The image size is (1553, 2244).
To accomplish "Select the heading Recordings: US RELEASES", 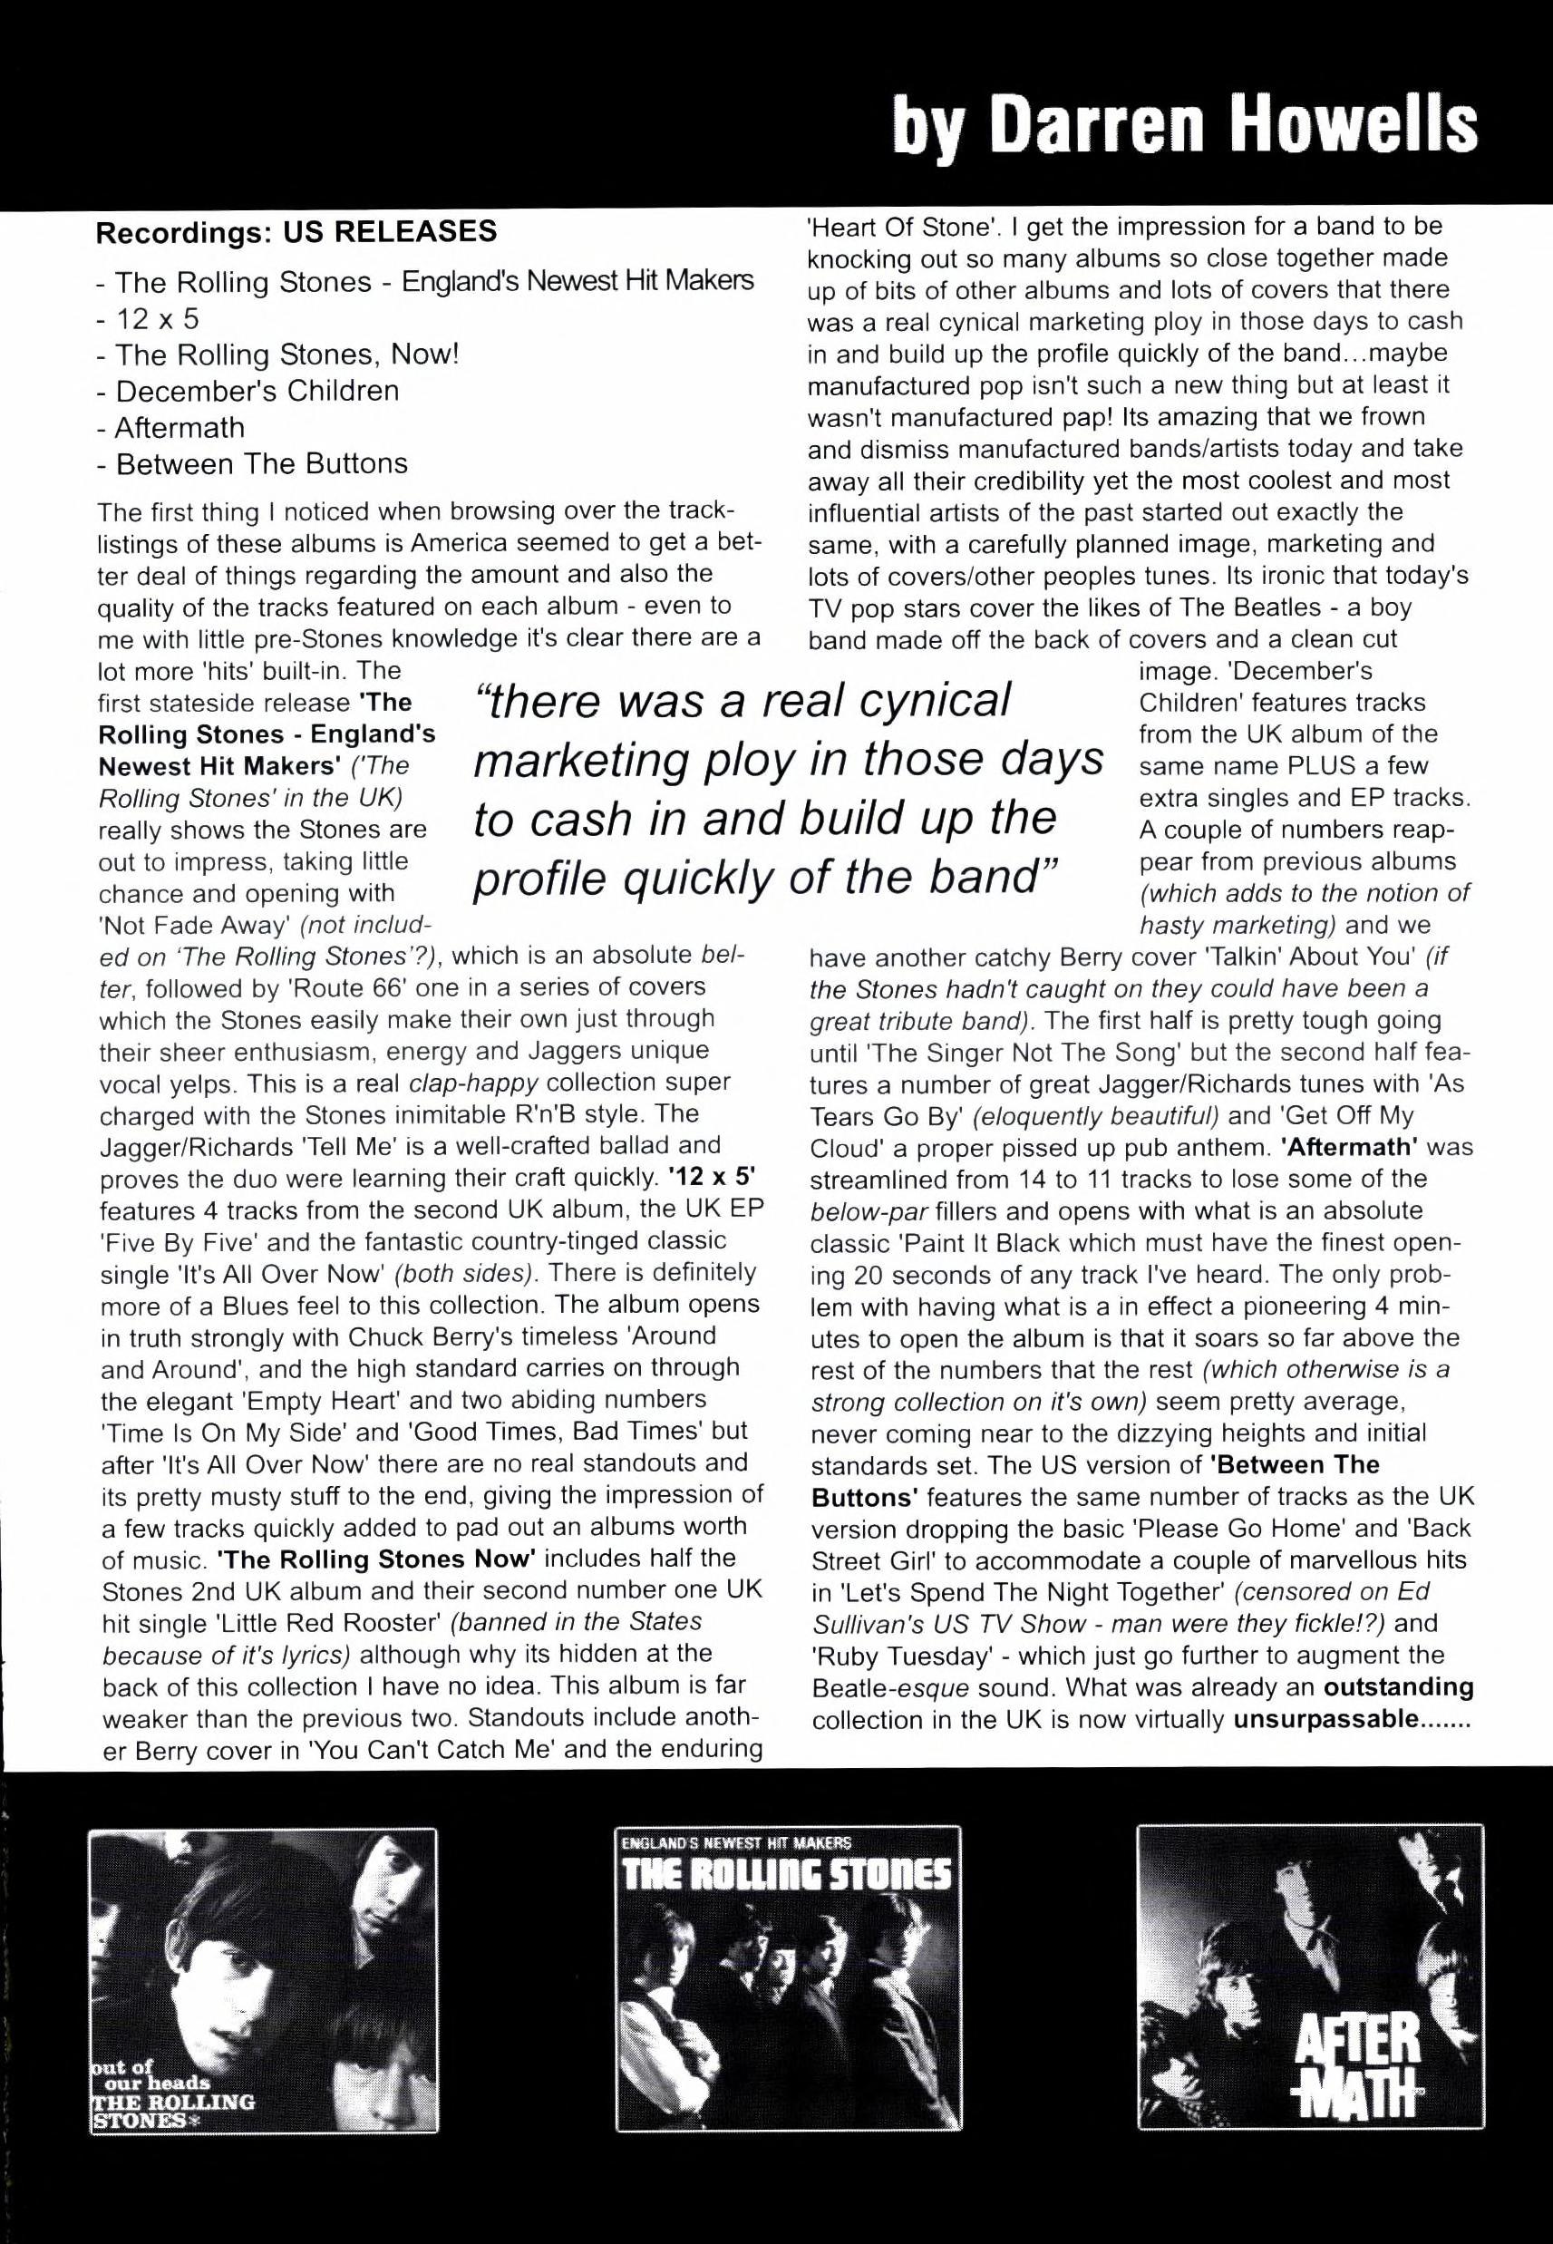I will pos(296,231).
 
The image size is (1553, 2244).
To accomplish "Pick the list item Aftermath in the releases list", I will pos(180,427).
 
